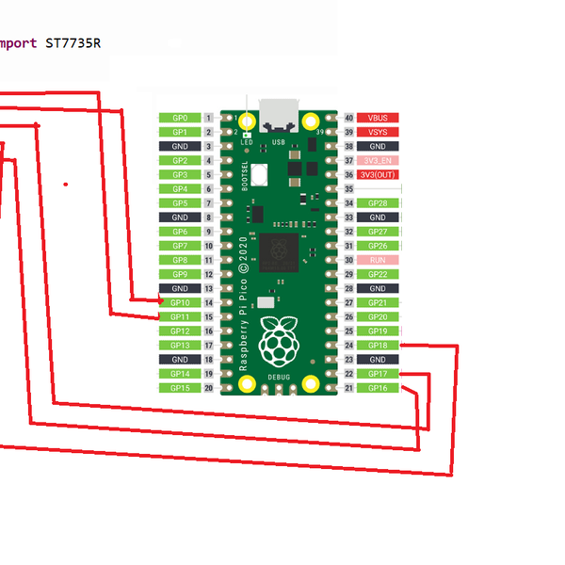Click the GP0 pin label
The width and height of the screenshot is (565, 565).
tap(179, 118)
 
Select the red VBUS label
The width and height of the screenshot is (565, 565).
tap(378, 118)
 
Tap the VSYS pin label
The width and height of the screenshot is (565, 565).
tap(378, 132)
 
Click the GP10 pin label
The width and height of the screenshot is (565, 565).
tap(179, 302)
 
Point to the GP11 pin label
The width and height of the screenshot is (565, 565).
tap(179, 317)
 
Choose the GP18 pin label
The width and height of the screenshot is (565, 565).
tap(378, 346)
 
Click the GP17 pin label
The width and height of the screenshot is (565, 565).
tap(378, 374)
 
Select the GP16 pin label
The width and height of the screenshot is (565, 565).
tap(378, 388)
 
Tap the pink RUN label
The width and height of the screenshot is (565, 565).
tap(378, 260)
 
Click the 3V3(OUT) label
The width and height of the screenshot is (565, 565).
tap(378, 175)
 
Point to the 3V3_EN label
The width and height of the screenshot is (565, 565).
tap(378, 161)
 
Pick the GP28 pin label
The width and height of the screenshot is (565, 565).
tap(378, 203)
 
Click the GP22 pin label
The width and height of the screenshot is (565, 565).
tap(378, 274)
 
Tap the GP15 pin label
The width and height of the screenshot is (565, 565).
tap(179, 388)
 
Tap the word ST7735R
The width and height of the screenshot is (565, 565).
tap(73, 43)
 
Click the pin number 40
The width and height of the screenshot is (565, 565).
tap(348, 118)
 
